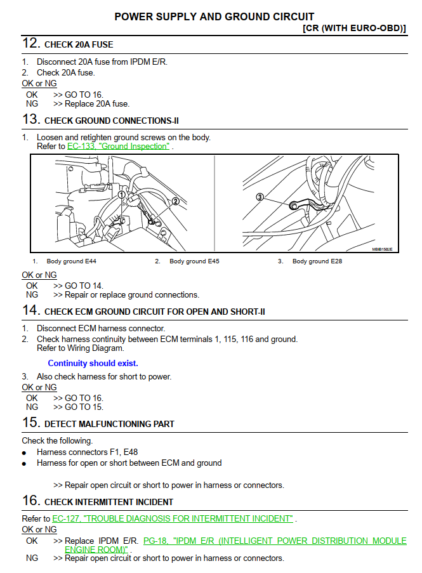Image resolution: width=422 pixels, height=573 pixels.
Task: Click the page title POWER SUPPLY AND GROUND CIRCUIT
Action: pos(214,16)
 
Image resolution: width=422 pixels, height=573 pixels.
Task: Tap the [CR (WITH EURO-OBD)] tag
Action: pos(355,29)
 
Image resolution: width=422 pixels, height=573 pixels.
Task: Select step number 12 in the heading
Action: pos(31,44)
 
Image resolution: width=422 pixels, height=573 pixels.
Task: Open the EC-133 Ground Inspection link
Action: pos(119,146)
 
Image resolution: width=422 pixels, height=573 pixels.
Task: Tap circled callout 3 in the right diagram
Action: pos(260,197)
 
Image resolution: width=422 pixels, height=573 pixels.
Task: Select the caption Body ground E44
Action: pos(72,261)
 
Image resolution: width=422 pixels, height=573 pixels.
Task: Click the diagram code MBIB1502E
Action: pos(382,249)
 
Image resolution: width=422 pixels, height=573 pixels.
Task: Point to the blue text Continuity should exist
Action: pos(93,364)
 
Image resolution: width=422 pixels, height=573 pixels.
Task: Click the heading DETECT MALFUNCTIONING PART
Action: pos(109,424)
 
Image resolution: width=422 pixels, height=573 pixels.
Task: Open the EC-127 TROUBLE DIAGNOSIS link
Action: pos(173,518)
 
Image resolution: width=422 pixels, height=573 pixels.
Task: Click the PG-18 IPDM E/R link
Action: pos(275,541)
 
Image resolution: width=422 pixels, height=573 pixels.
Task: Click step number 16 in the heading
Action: pos(31,501)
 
